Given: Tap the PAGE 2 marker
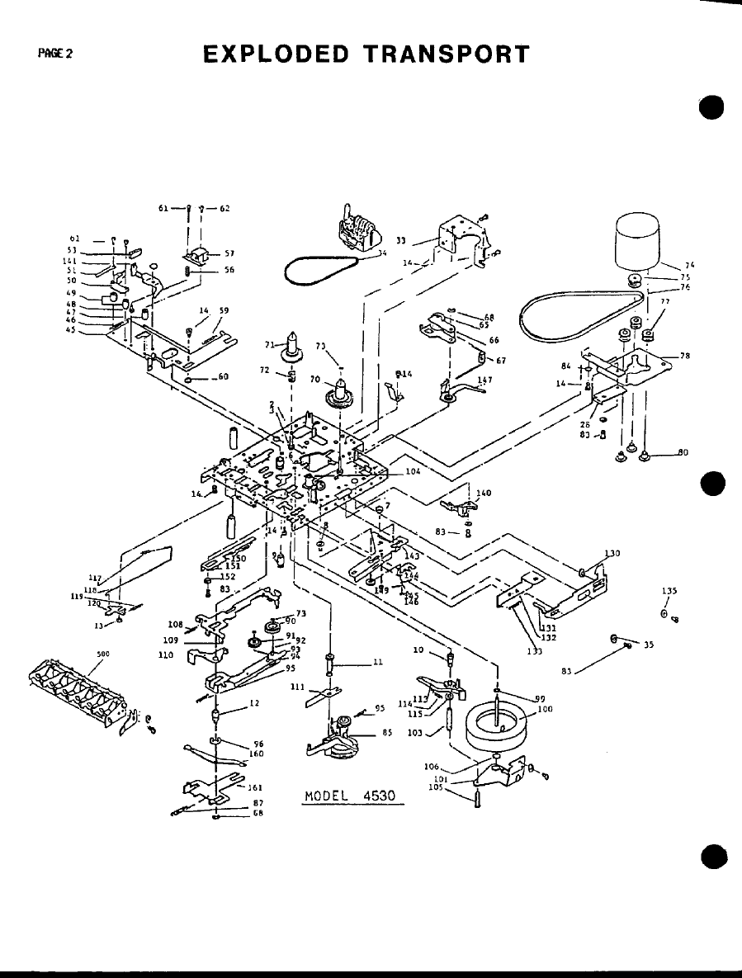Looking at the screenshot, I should [55, 54].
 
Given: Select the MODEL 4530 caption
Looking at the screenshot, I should [350, 796].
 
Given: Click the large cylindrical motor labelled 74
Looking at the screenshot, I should [638, 239].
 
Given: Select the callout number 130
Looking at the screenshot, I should [612, 553].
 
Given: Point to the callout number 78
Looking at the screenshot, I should [684, 356].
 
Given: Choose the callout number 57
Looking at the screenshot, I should [230, 253].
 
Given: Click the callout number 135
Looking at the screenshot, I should [669, 591].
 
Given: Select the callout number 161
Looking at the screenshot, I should [256, 787].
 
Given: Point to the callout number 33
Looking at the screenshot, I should [400, 241].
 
